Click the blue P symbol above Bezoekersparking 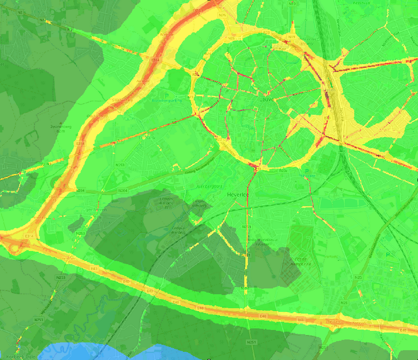click(166, 96)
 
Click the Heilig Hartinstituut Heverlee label click(259, 242)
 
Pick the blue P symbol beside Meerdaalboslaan click(387, 254)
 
